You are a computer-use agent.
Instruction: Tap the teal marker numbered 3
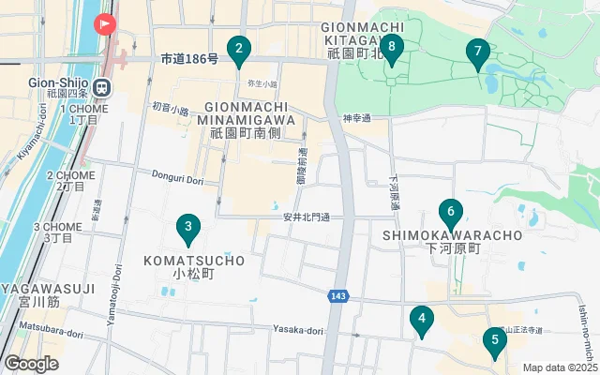188,228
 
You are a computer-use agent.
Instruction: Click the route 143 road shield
337,296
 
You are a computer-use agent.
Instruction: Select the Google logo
31,364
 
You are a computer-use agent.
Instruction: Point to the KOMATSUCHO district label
194,260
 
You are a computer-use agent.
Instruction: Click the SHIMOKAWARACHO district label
453,235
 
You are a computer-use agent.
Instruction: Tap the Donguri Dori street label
177,173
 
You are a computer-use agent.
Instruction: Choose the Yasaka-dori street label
298,330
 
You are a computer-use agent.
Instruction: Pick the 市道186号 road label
189,59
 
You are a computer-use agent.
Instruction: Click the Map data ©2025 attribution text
560,367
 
